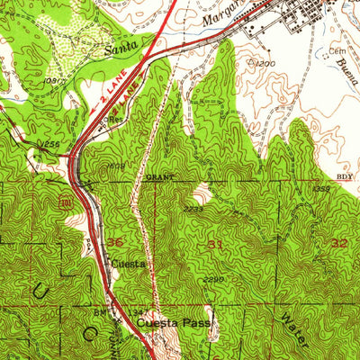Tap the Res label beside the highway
coord(114,117)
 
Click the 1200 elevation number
coord(263,65)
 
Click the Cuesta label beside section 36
coord(127,265)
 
